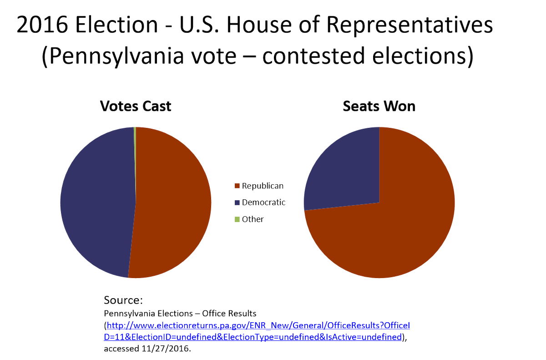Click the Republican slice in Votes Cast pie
[x=173, y=205]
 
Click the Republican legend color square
[x=237, y=186]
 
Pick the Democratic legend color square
[x=237, y=203]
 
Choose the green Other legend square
[x=237, y=219]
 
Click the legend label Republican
[x=263, y=186]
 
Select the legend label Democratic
[x=263, y=203]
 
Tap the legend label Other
[x=253, y=219]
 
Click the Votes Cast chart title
[x=136, y=106]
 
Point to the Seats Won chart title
[x=379, y=106]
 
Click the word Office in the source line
[x=214, y=314]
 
